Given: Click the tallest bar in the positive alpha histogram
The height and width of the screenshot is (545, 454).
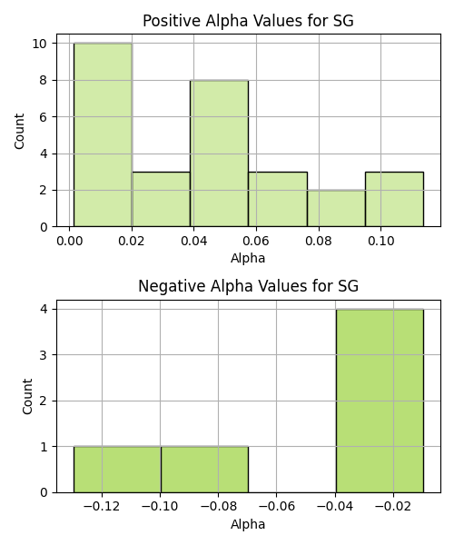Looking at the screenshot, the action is point(103,134).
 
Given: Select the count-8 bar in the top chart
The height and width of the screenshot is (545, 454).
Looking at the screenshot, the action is point(219,154).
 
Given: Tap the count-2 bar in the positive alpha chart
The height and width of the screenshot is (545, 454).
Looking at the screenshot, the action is point(336,209).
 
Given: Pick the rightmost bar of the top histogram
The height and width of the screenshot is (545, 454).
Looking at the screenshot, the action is point(394,199).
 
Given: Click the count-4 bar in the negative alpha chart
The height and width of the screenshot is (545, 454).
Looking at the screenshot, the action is point(380,401).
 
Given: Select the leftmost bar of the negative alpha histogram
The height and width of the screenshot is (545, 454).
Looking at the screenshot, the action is point(117,470).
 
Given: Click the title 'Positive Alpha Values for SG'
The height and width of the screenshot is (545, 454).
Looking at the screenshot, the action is point(248,21).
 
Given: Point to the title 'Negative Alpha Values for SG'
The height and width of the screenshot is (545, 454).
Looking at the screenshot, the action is point(248,286).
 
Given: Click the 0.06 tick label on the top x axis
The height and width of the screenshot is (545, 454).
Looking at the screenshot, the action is point(256,241).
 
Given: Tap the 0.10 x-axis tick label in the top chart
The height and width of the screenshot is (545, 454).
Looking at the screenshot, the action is point(380,241).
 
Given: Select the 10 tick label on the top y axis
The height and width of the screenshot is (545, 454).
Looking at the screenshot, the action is point(40,44).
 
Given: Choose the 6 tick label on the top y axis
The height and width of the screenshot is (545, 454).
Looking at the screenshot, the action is point(44,117).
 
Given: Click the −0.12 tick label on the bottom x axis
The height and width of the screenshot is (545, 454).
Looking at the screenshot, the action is point(102,507).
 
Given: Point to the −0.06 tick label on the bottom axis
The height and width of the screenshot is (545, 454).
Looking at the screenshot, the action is point(277,507).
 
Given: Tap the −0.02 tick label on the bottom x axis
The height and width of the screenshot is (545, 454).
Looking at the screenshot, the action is point(393,507).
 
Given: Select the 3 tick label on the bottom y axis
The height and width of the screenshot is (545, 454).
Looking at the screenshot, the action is point(44,355).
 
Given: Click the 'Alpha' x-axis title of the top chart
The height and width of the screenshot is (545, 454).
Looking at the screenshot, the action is point(248,258).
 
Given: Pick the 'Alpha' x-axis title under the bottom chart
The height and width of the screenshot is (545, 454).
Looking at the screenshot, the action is point(248,524).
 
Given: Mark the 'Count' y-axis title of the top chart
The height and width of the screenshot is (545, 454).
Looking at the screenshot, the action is point(19,131).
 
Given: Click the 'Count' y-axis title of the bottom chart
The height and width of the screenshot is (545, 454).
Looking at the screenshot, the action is point(27,397).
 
